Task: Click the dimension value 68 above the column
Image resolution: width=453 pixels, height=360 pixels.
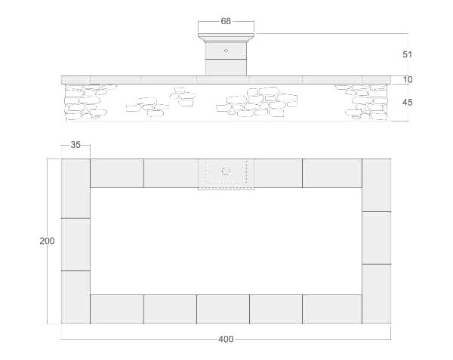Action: [x=226, y=21]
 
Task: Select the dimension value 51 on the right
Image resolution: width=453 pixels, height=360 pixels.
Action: [x=408, y=54]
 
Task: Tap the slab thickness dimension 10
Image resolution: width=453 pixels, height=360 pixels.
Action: [x=408, y=79]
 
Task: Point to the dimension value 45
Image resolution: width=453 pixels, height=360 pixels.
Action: [x=408, y=103]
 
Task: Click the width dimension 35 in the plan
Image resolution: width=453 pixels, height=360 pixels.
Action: [x=75, y=146]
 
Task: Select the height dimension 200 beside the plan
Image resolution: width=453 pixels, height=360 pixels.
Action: [x=47, y=241]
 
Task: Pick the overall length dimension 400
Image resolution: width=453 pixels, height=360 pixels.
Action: [x=226, y=339]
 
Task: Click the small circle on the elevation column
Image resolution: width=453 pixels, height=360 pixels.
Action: [x=226, y=51]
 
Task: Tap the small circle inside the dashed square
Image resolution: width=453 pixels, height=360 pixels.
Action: [x=226, y=172]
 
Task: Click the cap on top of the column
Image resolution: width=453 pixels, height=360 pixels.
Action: [x=226, y=37]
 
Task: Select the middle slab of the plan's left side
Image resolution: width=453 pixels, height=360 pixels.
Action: [x=75, y=244]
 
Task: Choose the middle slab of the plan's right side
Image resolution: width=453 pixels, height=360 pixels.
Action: [x=376, y=238]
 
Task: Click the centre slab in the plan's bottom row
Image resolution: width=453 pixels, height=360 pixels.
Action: [x=223, y=309]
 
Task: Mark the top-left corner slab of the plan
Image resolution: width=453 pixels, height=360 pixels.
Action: [x=75, y=188]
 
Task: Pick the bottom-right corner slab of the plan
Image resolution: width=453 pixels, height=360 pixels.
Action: [x=376, y=294]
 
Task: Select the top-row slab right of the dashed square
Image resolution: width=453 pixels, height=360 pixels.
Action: [x=278, y=173]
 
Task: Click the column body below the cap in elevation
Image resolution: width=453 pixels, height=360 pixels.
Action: [x=226, y=59]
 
